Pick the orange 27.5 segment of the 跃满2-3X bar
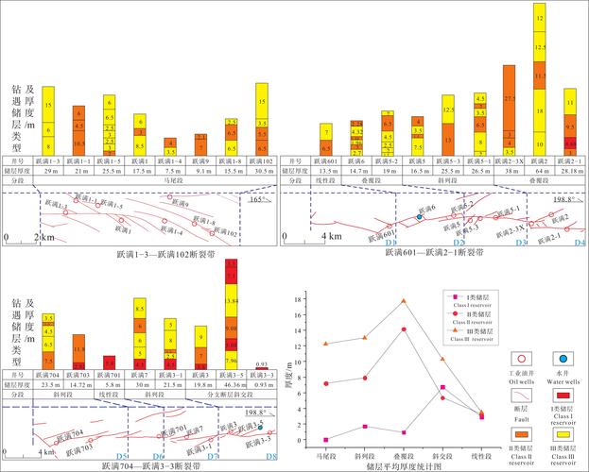pos(510,99)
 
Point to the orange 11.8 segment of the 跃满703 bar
pos(79,351)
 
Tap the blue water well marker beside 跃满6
pos(419,218)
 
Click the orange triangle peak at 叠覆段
pos(403,301)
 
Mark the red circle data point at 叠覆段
pos(403,329)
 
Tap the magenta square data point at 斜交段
pos(442,387)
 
